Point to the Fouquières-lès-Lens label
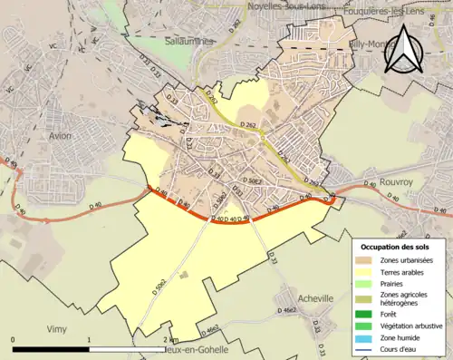coord(400,10)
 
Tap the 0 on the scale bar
coord(14,339)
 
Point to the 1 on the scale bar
coord(89,339)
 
